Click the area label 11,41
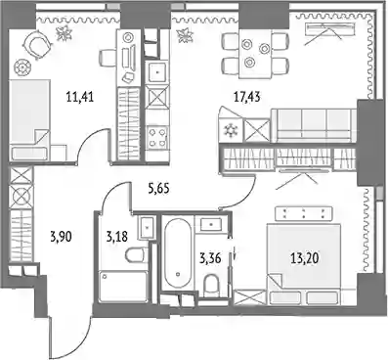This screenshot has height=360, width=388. (x=80, y=97)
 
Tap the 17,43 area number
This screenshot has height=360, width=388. (x=246, y=97)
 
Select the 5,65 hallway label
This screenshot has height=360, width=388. (x=158, y=189)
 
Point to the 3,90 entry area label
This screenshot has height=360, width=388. (x=61, y=237)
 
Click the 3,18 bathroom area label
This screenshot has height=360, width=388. (x=117, y=237)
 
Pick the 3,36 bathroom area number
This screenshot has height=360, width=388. (x=210, y=259)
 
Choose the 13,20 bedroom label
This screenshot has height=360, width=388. (x=304, y=259)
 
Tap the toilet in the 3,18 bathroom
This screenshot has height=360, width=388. (x=136, y=254)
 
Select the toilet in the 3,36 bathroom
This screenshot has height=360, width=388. (x=212, y=285)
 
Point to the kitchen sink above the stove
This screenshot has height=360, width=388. (x=157, y=72)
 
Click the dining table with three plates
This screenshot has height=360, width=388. (x=255, y=54)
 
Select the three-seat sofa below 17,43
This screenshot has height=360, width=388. (x=314, y=125)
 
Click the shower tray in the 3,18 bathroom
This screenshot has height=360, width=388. (x=123, y=287)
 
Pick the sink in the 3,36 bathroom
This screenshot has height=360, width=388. (x=211, y=224)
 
